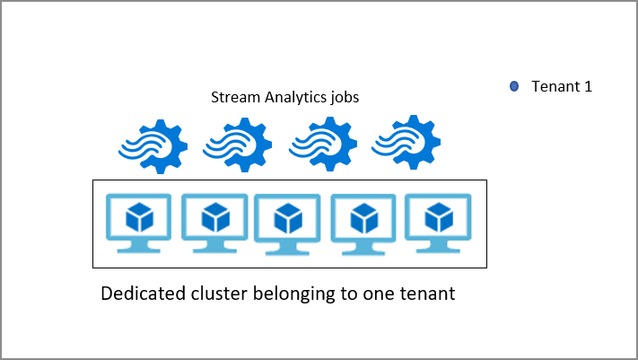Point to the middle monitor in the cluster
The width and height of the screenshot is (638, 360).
[x=287, y=224]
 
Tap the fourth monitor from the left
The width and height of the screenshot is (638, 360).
[x=363, y=224]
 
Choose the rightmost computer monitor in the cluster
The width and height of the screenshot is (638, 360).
[x=438, y=224]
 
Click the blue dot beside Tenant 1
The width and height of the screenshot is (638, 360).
[x=514, y=87]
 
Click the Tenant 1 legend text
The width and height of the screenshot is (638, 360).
[x=562, y=87]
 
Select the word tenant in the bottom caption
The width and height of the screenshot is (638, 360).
[x=429, y=294]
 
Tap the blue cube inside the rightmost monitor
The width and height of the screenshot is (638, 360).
[x=438, y=216]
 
